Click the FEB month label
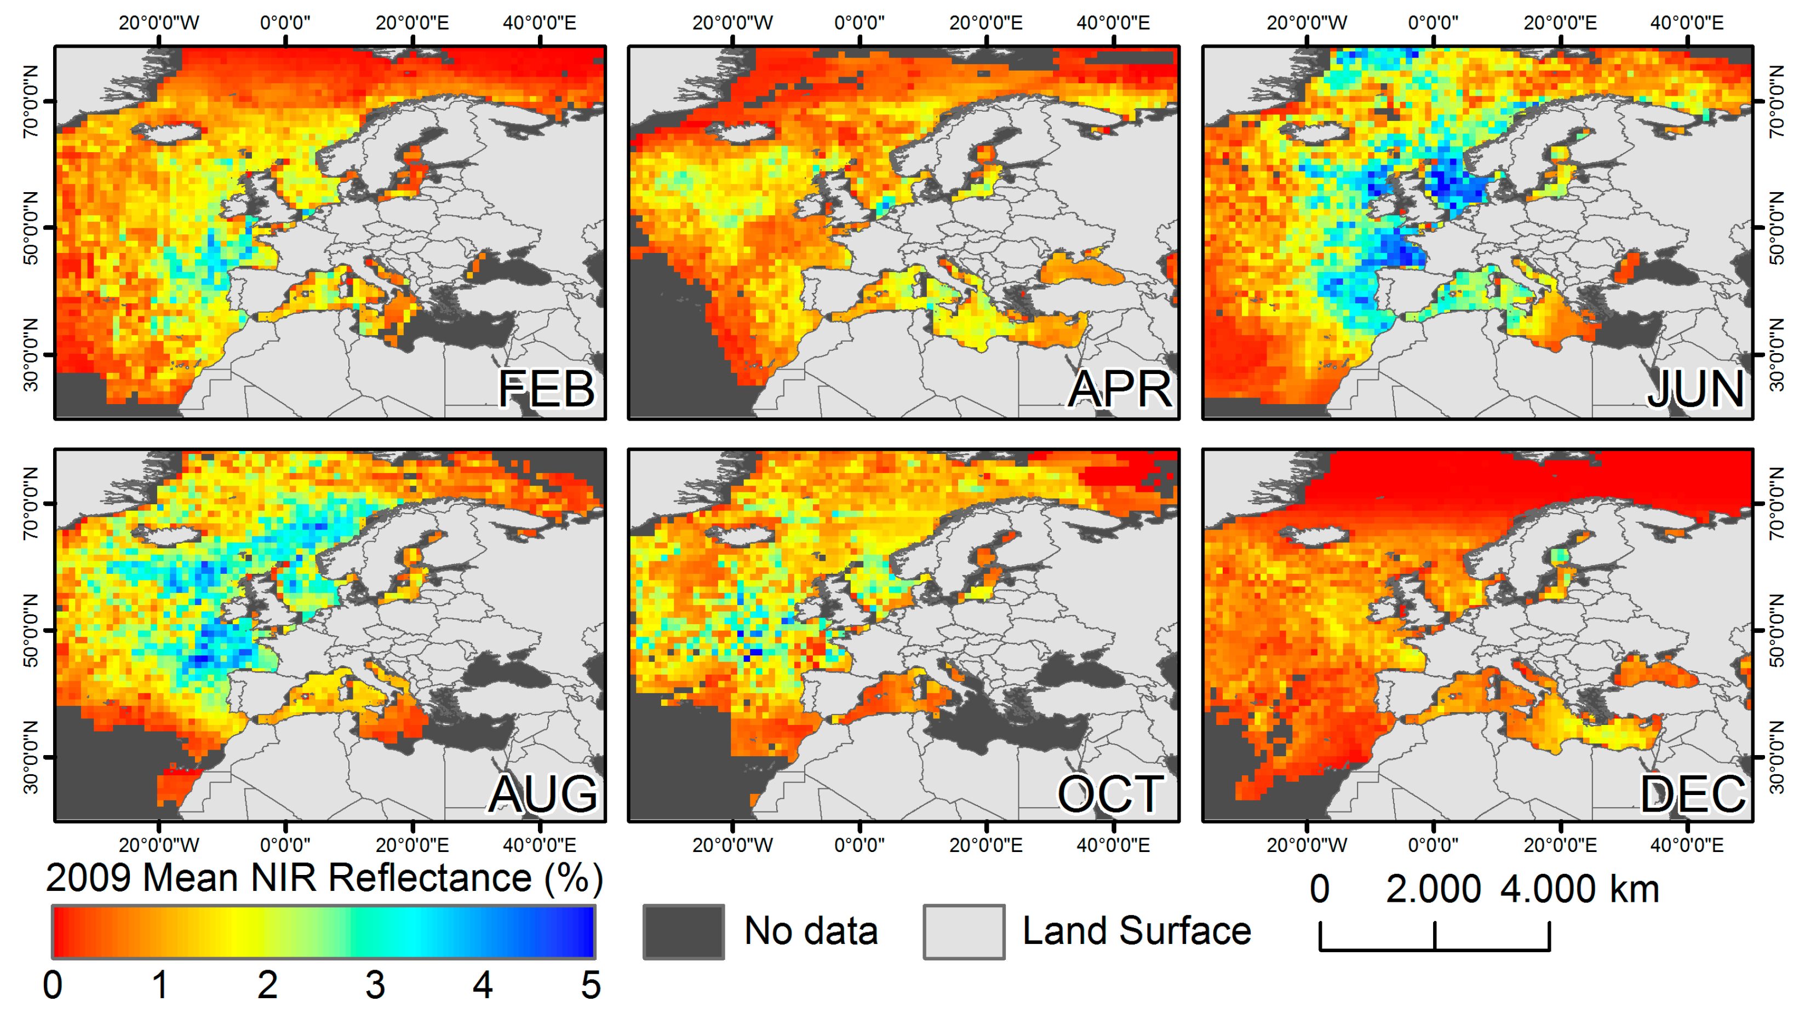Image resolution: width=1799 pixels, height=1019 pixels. (x=546, y=389)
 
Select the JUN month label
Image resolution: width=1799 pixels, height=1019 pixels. (x=1695, y=389)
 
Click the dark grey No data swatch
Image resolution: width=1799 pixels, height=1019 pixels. (x=683, y=931)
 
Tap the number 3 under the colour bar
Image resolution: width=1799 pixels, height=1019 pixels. (x=375, y=986)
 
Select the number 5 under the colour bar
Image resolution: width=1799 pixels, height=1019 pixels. (x=590, y=986)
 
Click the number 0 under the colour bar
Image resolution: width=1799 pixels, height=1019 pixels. (x=53, y=986)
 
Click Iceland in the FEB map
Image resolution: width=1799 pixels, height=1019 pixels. (x=167, y=131)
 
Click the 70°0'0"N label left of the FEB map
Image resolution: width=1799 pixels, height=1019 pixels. (x=31, y=101)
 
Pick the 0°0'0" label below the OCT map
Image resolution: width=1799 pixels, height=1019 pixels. (x=859, y=845)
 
